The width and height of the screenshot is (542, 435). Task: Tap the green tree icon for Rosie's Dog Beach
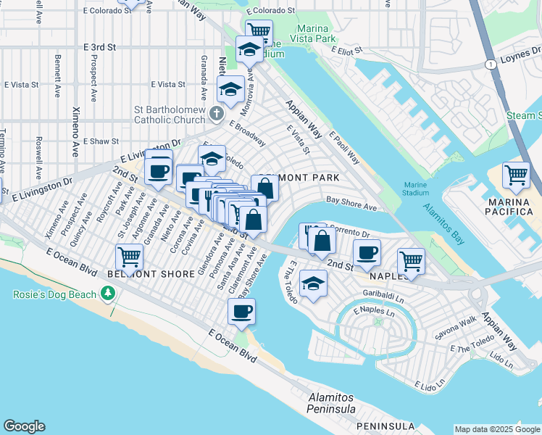coord(108,293)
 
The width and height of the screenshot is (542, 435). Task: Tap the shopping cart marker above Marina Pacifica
coord(516,175)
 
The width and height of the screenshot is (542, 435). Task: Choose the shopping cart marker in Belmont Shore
coord(129,256)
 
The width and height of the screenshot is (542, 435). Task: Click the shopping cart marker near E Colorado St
coord(258,31)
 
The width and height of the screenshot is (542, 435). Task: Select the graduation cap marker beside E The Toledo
coord(313,283)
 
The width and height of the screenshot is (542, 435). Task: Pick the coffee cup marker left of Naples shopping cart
coord(367,252)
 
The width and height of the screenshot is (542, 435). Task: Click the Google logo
coord(24,426)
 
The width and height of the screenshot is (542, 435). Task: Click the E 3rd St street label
coord(100,46)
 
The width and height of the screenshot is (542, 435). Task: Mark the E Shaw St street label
coord(100,141)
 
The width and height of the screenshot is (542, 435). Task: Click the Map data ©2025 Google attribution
coord(497,429)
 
